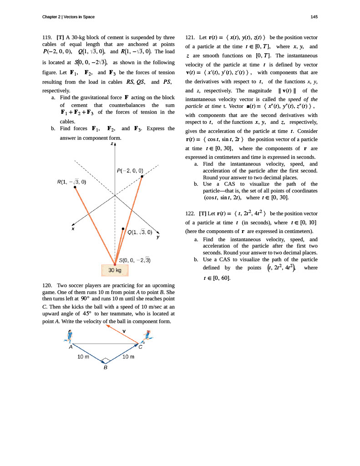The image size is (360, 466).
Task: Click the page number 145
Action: coord(314,17)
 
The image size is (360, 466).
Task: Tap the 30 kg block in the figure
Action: coord(115,270)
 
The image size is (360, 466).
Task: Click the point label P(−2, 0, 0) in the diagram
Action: coord(130,171)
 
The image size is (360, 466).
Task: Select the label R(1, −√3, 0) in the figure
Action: coord(71,182)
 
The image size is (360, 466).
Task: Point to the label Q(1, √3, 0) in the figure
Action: coord(140,232)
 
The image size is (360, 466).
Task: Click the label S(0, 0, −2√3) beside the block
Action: coord(135,260)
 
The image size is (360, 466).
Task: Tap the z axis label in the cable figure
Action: coord(112,144)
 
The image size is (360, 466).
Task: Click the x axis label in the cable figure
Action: coord(73,229)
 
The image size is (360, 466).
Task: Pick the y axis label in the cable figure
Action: coord(157,237)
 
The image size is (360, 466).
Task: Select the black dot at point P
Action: coord(142,176)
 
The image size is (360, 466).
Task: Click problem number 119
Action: coord(47,37)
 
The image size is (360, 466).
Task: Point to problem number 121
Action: coord(192,37)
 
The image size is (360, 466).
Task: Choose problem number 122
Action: coord(192,213)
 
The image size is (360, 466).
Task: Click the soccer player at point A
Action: coord(69,336)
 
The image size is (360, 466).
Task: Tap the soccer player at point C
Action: coord(147,337)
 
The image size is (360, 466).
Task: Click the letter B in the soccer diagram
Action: coord(105,368)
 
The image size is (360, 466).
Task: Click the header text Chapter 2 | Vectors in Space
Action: coord(68,17)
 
